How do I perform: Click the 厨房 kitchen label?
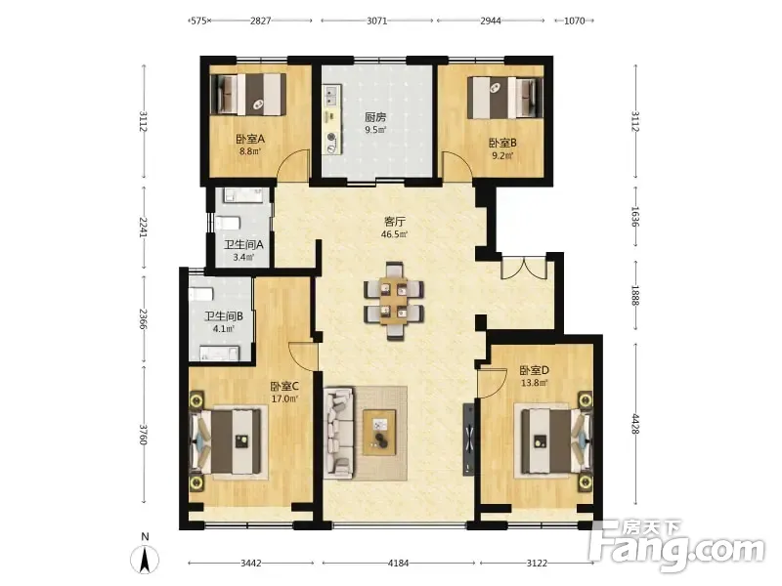(x=375, y=117)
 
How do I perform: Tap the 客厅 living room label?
(x=395, y=222)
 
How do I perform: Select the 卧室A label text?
(x=250, y=139)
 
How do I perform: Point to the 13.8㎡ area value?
(x=534, y=383)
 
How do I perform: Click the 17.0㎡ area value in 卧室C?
(x=284, y=398)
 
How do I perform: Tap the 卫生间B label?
(x=224, y=316)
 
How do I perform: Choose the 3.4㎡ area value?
(x=243, y=257)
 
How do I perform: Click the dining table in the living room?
(x=394, y=301)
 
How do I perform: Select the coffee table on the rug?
(x=379, y=432)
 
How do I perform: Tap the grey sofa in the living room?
(x=339, y=433)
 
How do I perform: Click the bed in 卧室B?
(x=504, y=97)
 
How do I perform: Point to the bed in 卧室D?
(x=553, y=441)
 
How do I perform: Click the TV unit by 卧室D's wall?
(x=469, y=439)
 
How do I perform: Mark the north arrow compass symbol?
(x=145, y=559)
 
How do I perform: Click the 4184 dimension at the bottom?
(x=398, y=564)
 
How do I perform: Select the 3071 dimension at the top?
(x=377, y=21)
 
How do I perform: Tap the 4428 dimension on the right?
(x=635, y=424)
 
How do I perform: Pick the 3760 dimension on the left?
(x=144, y=435)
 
